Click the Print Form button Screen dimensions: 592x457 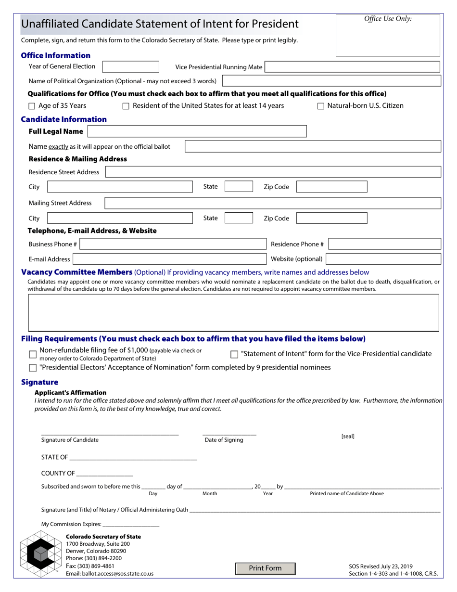pyautogui.click(x=265, y=568)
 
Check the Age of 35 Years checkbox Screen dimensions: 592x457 pyautogui.click(x=32, y=106)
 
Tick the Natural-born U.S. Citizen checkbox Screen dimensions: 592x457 pyautogui.click(x=321, y=106)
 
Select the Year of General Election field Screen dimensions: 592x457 pyautogui.click(x=131, y=67)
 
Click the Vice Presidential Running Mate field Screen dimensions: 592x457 pyautogui.click(x=353, y=67)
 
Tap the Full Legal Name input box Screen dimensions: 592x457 pyautogui.click(x=197, y=131)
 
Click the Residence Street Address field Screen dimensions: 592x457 pyautogui.click(x=273, y=172)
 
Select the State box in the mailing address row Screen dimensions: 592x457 pyautogui.click(x=239, y=218)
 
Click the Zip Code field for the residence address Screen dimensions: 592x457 pyautogui.click(x=331, y=187)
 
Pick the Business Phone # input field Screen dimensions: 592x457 pyautogui.click(x=173, y=244)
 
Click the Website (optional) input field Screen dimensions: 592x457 pyautogui.click(x=383, y=259)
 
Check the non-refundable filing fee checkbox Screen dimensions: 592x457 pyautogui.click(x=33, y=354)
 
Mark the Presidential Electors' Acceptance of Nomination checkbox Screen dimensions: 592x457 pyautogui.click(x=33, y=368)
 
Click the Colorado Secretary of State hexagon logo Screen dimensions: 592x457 pyautogui.click(x=41, y=554)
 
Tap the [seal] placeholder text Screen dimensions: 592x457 pyautogui.click(x=348, y=437)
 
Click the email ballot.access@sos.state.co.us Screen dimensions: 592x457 pyautogui.click(x=110, y=574)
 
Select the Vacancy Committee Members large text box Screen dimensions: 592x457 pyautogui.click(x=234, y=312)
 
